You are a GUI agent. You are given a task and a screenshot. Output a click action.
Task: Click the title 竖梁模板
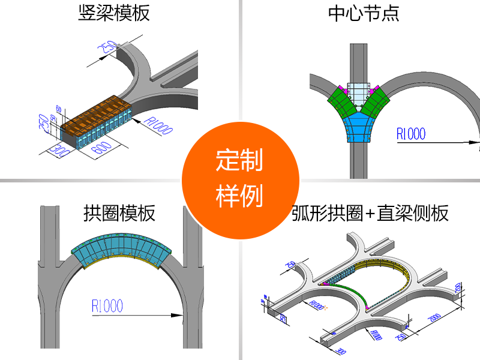click(x=114, y=13)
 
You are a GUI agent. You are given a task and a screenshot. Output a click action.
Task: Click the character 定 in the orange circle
click(x=227, y=161)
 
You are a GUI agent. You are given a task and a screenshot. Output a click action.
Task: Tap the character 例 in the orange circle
click(x=253, y=196)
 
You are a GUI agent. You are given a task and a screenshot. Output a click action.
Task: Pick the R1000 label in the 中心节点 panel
click(x=410, y=133)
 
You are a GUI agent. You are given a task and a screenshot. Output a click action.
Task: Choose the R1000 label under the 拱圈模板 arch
click(x=107, y=306)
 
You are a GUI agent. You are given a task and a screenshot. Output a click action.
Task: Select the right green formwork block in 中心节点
click(x=377, y=102)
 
